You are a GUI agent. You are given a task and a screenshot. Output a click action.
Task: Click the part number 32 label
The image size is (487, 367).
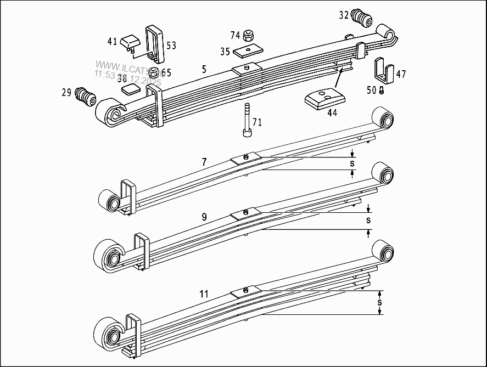click(344, 15)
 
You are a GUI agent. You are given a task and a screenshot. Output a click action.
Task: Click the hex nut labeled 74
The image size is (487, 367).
click(248, 36)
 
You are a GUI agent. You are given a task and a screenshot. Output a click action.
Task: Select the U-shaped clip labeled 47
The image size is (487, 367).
click(383, 71)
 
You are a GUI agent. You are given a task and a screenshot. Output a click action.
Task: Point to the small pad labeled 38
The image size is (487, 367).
click(131, 89)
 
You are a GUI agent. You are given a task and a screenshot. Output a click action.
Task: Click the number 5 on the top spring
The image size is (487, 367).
click(204, 70)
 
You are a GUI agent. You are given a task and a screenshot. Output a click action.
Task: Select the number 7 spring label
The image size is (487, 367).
click(204, 162)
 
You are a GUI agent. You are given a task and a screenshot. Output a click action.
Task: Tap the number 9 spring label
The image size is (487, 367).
click(204, 217)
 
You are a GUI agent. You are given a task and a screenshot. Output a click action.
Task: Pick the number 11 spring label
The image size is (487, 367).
click(204, 294)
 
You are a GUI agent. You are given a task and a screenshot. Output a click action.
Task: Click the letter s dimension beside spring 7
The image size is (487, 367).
click(352, 163)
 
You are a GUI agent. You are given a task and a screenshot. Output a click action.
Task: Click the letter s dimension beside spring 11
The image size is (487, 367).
click(379, 302)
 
